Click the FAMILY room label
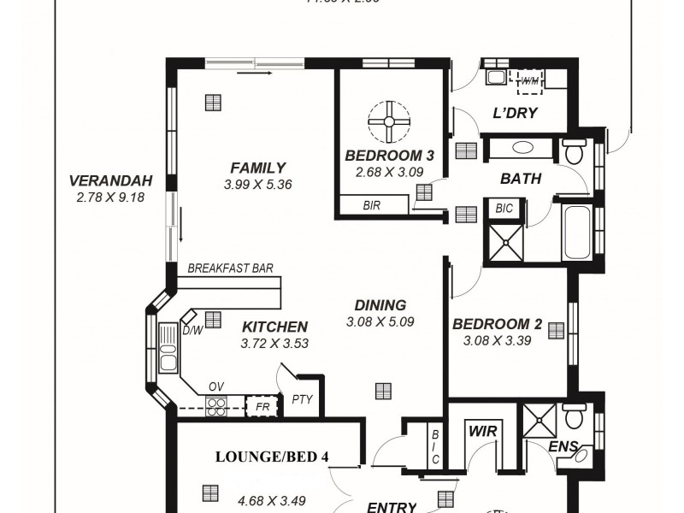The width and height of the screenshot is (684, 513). tap(257, 168)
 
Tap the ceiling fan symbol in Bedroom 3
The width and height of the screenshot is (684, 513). tap(387, 121)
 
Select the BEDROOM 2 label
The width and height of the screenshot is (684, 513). tap(497, 324)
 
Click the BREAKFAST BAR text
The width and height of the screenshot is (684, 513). tap(230, 268)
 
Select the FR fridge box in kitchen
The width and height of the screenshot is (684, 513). tap(262, 407)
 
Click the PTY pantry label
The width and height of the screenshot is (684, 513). tap(301, 399)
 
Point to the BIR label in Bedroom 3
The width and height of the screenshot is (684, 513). tap(371, 206)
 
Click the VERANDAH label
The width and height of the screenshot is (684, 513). tap(110, 180)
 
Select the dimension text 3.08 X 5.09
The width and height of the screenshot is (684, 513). tap(380, 322)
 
